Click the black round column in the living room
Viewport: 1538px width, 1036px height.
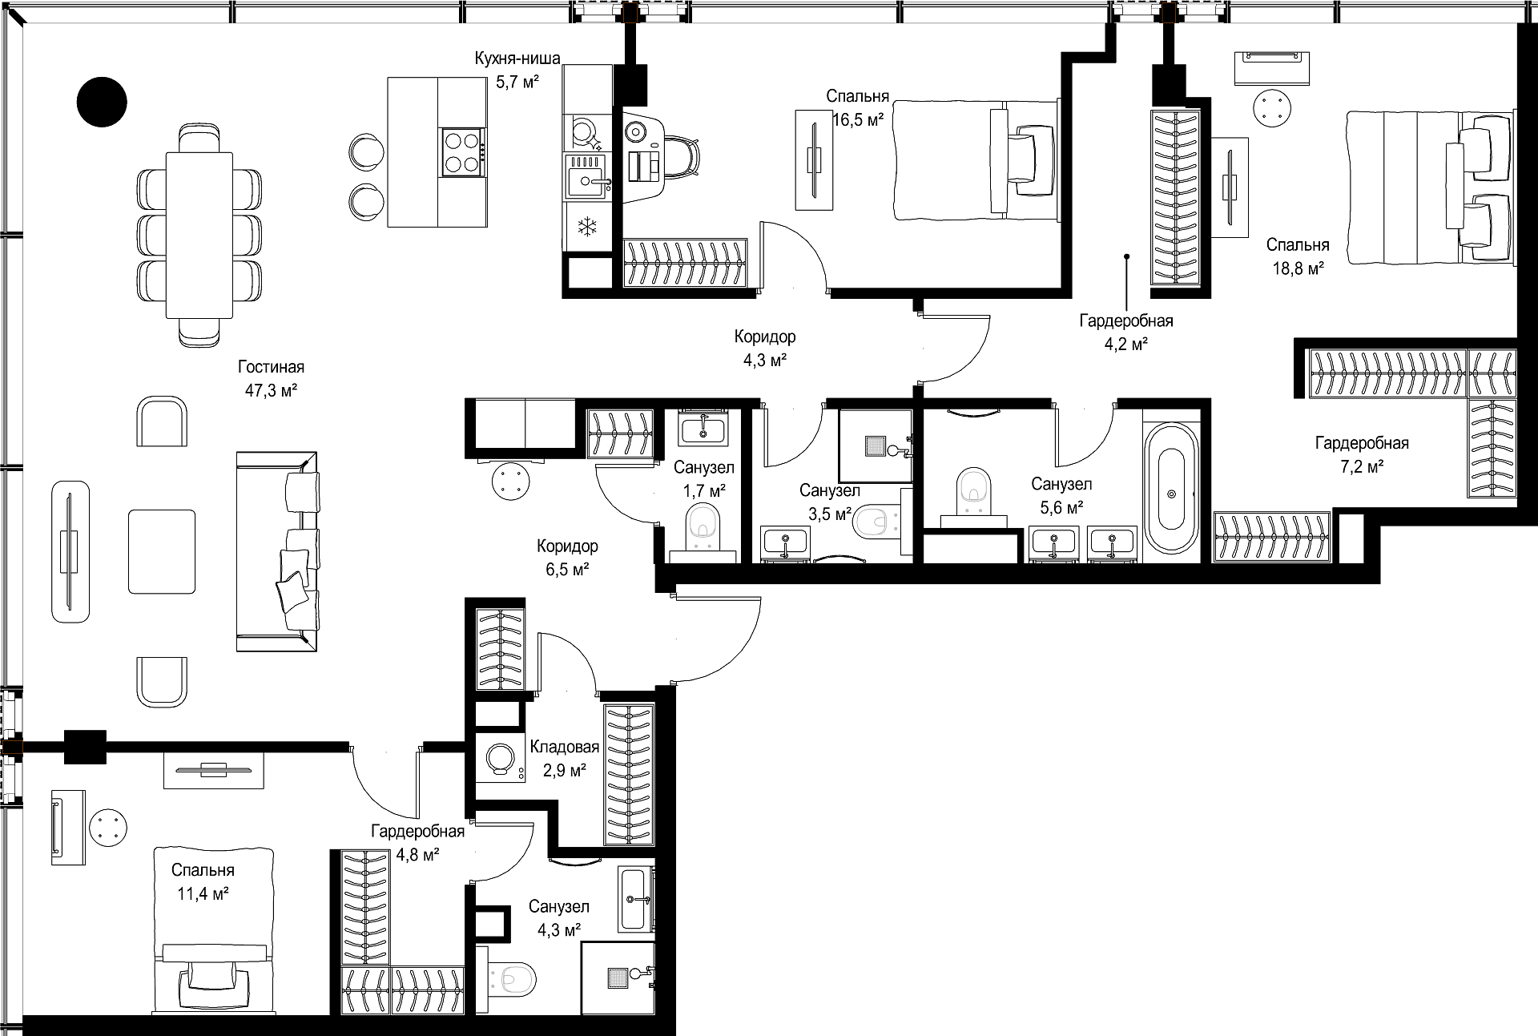tap(102, 101)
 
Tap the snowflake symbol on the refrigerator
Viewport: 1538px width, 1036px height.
tap(588, 228)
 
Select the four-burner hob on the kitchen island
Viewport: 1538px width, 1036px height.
tap(463, 152)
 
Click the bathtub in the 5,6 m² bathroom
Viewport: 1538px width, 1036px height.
tap(1171, 488)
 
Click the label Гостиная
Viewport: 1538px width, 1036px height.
tap(271, 367)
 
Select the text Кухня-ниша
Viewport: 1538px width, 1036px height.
tap(517, 58)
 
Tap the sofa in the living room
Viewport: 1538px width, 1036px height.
tap(277, 552)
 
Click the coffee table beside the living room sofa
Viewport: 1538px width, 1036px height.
tap(162, 551)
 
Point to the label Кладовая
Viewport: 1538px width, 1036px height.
tap(565, 748)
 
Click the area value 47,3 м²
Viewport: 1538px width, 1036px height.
tap(271, 391)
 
